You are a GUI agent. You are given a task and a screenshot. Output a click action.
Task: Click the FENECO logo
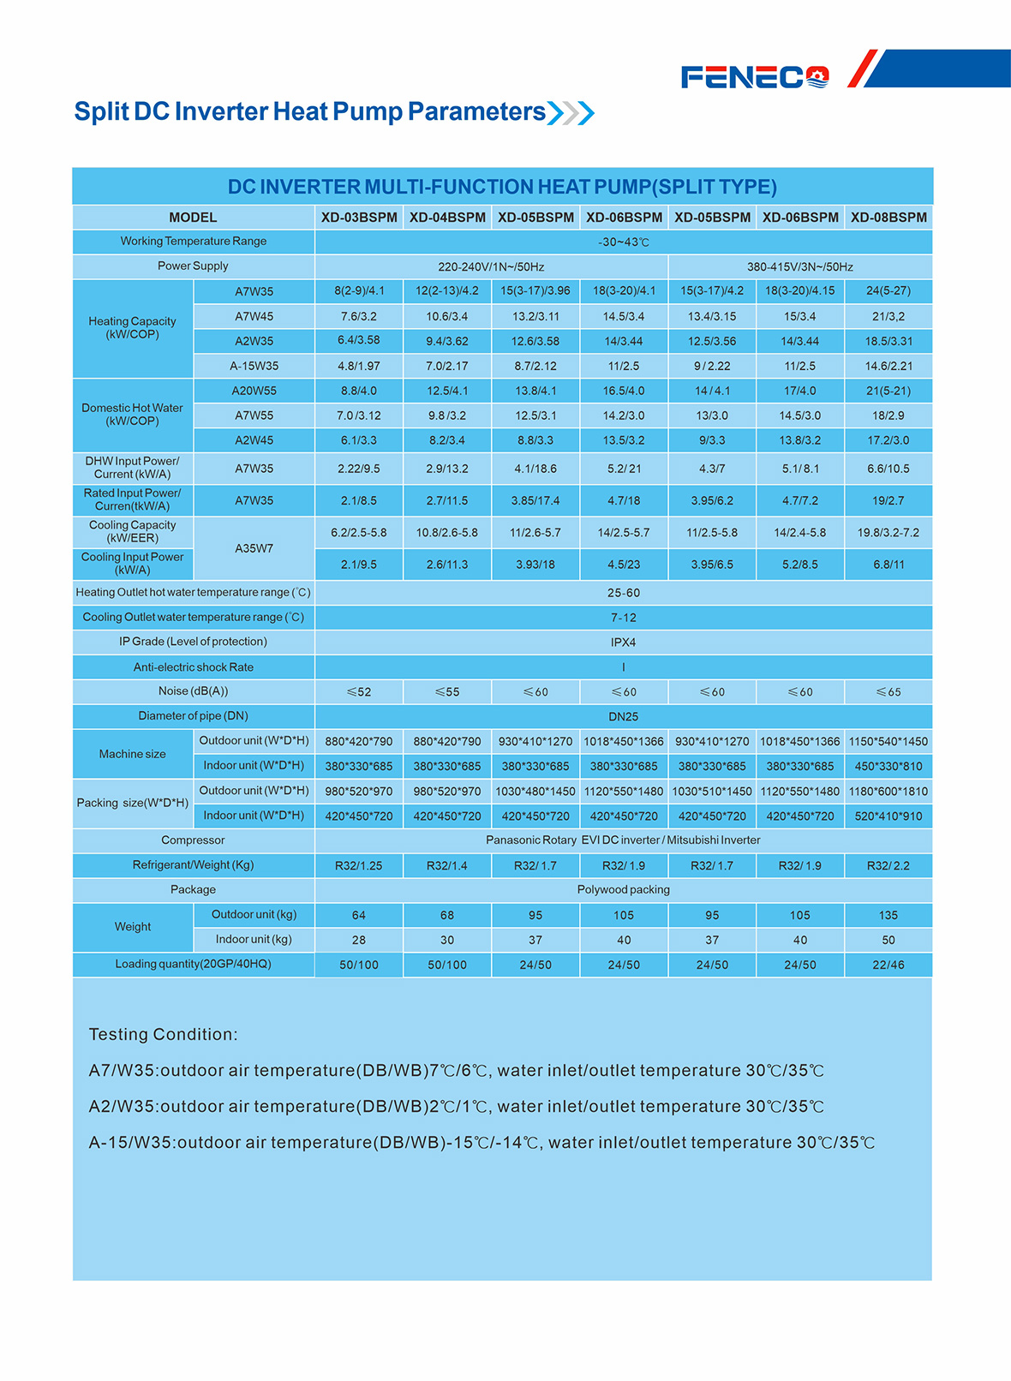(x=755, y=77)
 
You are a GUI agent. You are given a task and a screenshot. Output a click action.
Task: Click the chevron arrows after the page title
(x=571, y=112)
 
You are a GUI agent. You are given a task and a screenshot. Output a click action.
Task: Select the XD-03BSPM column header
(x=359, y=218)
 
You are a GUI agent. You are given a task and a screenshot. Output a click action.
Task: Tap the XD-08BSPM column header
(x=888, y=218)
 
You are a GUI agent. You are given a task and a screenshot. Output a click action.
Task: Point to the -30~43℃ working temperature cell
(x=623, y=242)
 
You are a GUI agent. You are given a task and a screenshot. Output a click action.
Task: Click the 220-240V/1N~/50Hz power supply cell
(x=491, y=267)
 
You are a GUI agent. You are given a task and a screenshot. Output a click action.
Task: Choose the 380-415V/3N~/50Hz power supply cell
(x=799, y=267)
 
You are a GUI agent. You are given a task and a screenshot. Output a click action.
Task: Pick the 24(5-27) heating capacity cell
(x=888, y=291)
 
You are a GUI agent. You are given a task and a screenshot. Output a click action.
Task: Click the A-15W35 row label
(x=254, y=367)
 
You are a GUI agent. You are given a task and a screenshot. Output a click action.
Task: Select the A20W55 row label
(x=254, y=392)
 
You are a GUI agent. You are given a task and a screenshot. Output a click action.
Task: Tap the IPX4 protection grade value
(x=623, y=643)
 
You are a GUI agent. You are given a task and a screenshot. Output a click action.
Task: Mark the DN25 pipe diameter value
(x=623, y=717)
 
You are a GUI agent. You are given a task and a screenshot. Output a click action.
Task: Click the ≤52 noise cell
(x=359, y=692)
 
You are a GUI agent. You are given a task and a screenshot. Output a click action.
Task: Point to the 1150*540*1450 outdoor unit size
(x=888, y=742)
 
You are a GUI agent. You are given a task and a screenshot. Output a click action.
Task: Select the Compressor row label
(x=193, y=840)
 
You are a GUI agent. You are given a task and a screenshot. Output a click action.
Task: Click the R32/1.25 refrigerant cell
(x=359, y=866)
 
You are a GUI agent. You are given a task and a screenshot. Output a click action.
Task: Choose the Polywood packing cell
(x=623, y=890)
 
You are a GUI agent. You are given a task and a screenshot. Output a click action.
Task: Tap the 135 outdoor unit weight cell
(x=888, y=916)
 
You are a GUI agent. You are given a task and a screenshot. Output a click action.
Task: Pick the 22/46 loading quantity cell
(x=888, y=966)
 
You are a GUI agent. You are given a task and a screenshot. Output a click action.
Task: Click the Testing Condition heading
(x=164, y=1035)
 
